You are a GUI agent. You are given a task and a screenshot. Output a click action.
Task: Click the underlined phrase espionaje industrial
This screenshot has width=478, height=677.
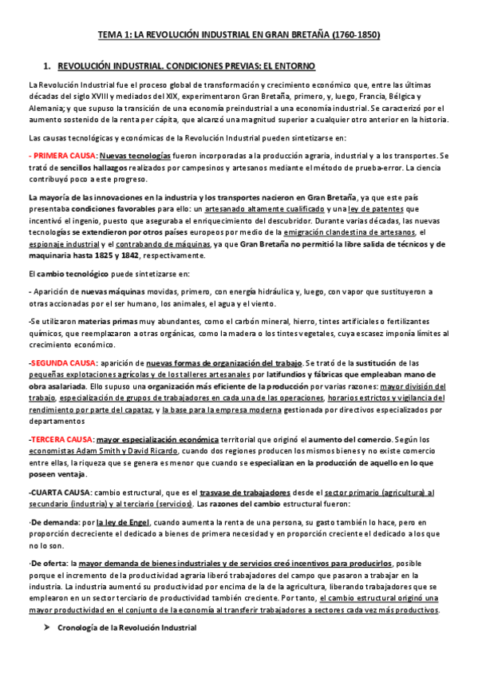click(59, 243)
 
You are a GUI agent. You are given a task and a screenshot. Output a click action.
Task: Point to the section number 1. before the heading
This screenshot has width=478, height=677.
click(47, 65)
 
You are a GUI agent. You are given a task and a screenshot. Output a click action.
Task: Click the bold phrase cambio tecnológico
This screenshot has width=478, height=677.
click(67, 274)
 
